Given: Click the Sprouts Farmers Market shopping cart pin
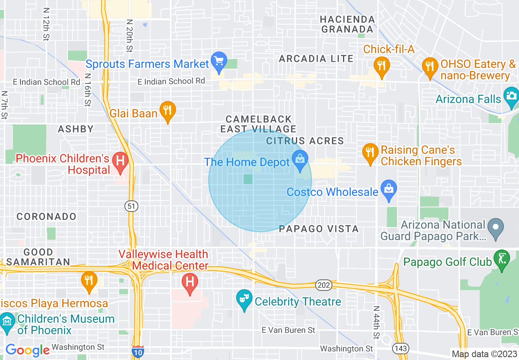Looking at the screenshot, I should coord(219,62).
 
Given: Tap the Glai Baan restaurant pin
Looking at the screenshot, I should coord(167,111).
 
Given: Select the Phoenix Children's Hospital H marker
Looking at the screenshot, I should coord(120,160).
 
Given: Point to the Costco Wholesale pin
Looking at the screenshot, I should coord(388,190).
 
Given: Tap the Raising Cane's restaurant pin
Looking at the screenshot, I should coord(370,153).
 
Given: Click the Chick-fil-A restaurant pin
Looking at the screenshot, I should coord(381,66).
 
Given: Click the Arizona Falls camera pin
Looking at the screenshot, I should coord(511,97).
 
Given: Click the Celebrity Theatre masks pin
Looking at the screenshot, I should coord(244,299).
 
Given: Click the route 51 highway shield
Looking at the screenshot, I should coord(131,206).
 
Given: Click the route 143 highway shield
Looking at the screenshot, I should coord(399,349).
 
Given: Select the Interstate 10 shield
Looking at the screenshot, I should coord(138,351).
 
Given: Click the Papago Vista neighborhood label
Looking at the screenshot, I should coord(318,229).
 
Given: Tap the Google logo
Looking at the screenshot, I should coord(27,350).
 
